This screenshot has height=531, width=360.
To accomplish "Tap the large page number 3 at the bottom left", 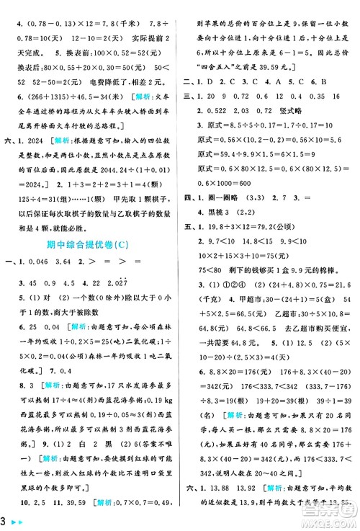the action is (x=6, y=519).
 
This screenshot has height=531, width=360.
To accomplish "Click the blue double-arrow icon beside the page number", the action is (x=19, y=520).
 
